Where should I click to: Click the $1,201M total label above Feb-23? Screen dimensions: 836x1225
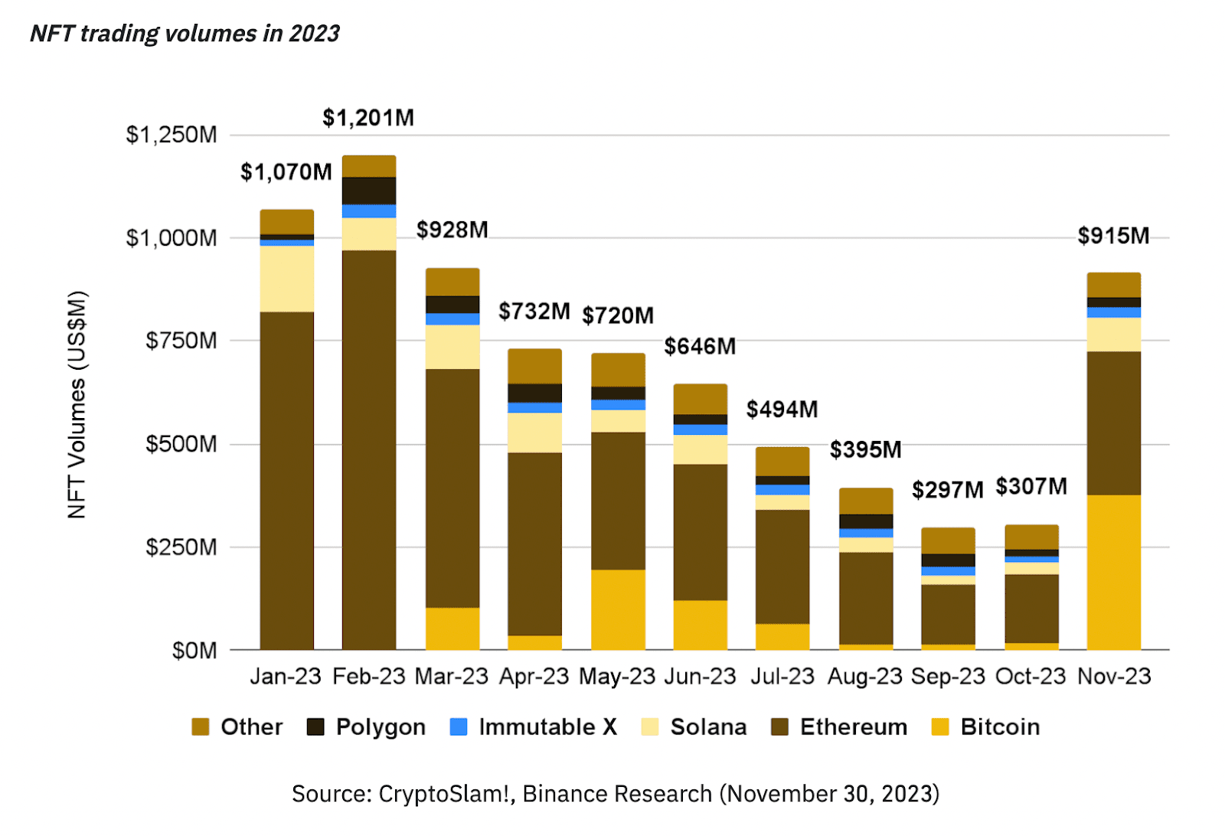point(368,118)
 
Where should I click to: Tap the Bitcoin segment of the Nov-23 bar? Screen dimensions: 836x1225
point(1113,572)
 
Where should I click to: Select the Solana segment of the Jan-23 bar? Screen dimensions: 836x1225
point(287,279)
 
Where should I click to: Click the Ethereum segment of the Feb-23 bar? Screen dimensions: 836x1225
point(369,449)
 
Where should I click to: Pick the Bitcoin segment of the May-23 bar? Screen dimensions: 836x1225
point(618,609)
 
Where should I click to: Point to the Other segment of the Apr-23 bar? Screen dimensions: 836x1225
point(534,366)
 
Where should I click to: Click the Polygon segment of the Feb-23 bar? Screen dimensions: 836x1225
point(369,191)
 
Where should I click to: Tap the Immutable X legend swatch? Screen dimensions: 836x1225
point(459,727)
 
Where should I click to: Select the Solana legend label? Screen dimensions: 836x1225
point(708,727)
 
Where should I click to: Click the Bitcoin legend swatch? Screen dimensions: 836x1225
point(940,727)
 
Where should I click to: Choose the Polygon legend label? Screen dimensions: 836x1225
point(381,727)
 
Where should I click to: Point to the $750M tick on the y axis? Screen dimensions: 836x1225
point(181,341)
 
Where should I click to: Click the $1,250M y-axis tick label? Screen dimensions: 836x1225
point(171,135)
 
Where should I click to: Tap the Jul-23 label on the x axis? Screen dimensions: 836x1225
point(782,676)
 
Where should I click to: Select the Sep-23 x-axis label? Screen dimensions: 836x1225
point(948,676)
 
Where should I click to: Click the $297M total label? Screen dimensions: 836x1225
point(947,490)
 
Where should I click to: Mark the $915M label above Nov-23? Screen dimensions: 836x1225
point(1113,236)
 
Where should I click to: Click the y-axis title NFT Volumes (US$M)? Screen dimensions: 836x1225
point(77,404)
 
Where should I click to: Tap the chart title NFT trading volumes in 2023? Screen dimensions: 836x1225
point(185,34)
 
